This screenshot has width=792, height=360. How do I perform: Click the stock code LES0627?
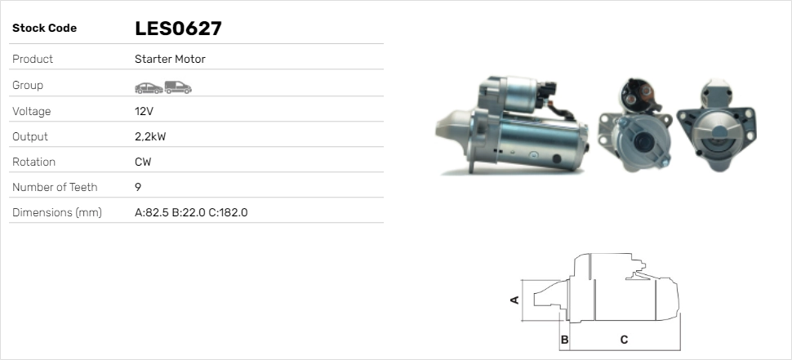click(178, 29)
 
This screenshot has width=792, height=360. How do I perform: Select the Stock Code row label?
click(44, 29)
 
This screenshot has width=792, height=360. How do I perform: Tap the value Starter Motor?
click(170, 59)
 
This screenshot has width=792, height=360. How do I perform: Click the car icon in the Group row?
click(148, 87)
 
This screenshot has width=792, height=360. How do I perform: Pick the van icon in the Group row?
click(177, 87)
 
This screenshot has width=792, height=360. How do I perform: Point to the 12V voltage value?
click(143, 111)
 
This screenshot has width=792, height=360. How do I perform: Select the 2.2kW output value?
click(150, 136)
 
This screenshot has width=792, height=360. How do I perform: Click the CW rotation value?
click(143, 162)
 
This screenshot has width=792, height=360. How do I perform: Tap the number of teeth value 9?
click(138, 187)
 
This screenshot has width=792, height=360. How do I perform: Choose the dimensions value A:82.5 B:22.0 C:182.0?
click(190, 212)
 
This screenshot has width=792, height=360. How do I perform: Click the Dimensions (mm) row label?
click(56, 212)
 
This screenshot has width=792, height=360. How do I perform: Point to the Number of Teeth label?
click(55, 187)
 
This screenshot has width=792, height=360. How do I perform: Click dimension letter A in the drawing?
click(514, 300)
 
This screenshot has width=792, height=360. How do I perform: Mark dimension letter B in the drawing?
click(564, 339)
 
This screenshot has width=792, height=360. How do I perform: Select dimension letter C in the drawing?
click(624, 339)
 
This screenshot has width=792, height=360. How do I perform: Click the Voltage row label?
click(31, 111)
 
